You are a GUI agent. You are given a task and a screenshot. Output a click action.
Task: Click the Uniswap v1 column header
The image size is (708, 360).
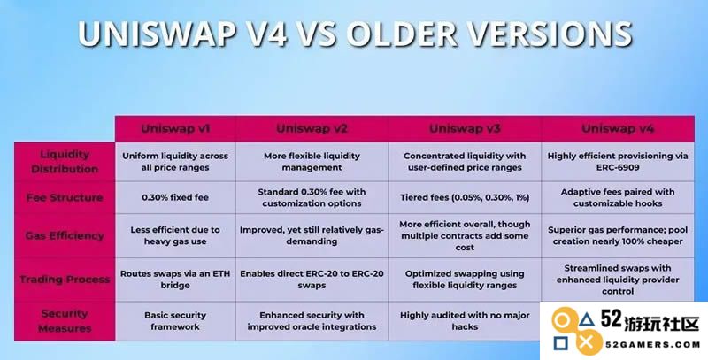175,128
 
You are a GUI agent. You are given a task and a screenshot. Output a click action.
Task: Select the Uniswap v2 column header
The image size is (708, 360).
312,128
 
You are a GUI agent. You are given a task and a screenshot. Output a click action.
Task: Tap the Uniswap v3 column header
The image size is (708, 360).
465,128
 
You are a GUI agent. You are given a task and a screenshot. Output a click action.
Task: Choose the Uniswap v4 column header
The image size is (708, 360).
618,128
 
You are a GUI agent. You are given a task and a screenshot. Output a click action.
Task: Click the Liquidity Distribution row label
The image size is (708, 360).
65,162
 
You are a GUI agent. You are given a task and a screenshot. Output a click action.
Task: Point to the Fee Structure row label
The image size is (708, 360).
65,197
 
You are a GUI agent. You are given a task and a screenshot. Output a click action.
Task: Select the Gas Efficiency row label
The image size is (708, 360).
65,235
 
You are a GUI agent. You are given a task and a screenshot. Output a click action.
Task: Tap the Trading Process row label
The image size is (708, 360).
65,280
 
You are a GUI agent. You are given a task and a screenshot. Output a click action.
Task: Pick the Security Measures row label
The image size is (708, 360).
65,321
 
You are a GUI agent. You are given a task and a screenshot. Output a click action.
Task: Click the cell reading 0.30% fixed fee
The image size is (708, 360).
175,197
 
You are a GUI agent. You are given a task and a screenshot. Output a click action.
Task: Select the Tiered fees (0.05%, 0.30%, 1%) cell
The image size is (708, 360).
465,197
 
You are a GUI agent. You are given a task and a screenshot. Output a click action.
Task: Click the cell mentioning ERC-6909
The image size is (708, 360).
618,162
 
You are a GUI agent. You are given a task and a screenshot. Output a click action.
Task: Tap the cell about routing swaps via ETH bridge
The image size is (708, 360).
175,280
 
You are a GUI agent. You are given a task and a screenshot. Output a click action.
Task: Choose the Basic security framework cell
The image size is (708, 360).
175,321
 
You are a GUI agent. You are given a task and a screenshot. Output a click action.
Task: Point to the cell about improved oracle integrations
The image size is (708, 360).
312,321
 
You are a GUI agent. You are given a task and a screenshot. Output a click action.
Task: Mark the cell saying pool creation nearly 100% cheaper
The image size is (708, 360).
618,235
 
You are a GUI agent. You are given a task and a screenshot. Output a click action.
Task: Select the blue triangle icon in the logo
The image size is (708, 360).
586,321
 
